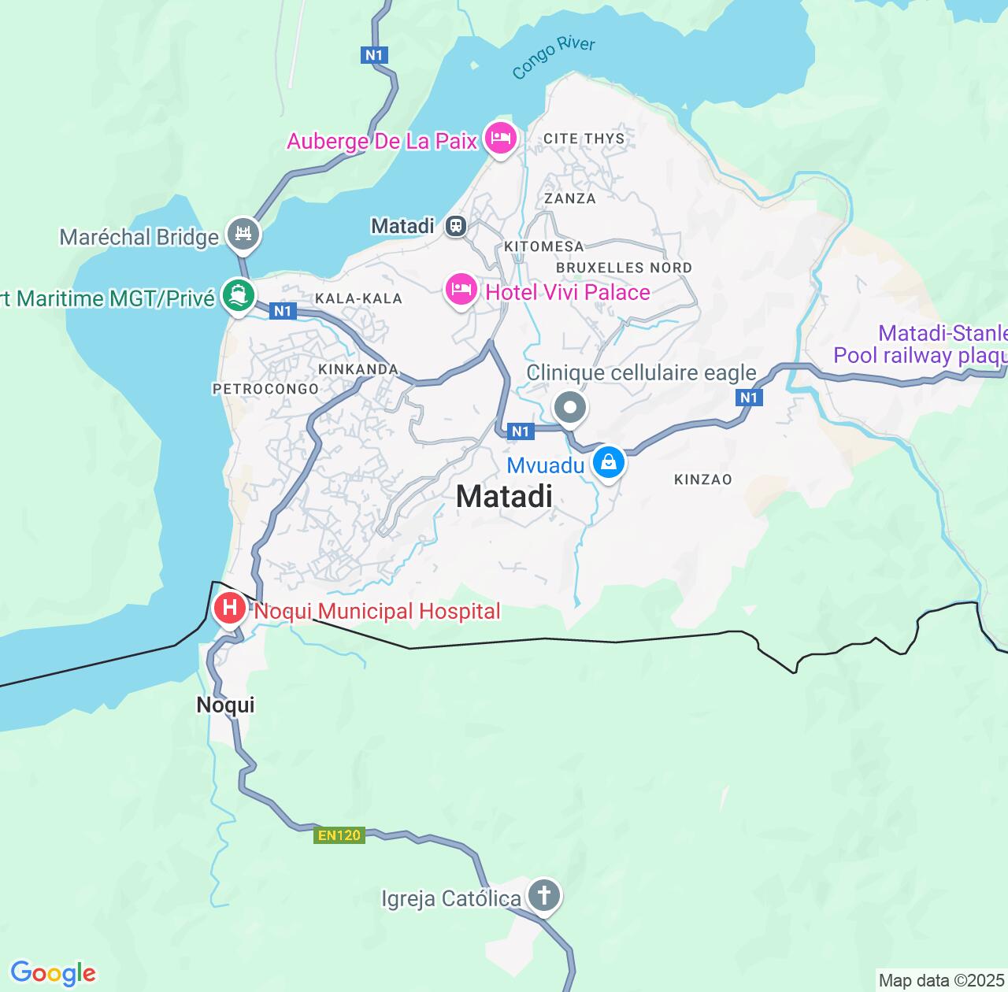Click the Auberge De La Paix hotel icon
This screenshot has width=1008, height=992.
500,139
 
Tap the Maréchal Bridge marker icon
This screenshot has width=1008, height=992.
243,235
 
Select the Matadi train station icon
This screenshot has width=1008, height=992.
455,227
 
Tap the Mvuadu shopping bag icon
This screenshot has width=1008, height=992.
609,463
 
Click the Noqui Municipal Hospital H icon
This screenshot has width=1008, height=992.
230,609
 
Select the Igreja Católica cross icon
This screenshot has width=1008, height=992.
543,896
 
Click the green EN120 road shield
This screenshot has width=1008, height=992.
339,835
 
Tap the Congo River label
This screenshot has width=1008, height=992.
553,57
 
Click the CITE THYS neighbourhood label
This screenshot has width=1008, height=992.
584,139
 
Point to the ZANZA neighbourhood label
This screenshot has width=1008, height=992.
570,198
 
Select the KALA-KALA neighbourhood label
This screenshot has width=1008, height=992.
358,298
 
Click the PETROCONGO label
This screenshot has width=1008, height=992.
265,389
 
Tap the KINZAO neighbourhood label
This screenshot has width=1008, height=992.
702,479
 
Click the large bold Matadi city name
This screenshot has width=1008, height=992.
504,496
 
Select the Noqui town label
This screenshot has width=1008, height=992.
225,705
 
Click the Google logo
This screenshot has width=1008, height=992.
53,973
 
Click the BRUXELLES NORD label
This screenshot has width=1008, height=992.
624,268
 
